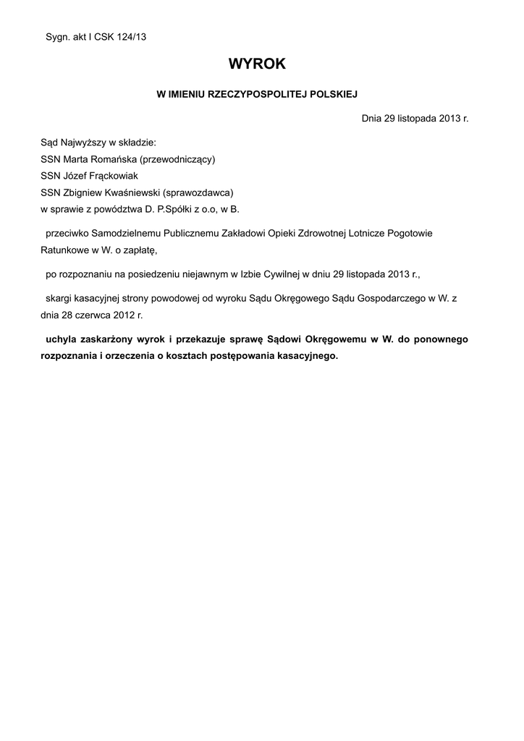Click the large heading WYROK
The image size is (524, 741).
tap(257, 64)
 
